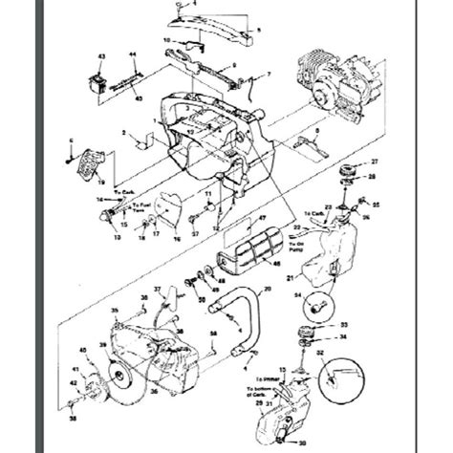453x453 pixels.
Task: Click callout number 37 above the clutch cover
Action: (x=157, y=288)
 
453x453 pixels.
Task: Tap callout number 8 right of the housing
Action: (x=316, y=130)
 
